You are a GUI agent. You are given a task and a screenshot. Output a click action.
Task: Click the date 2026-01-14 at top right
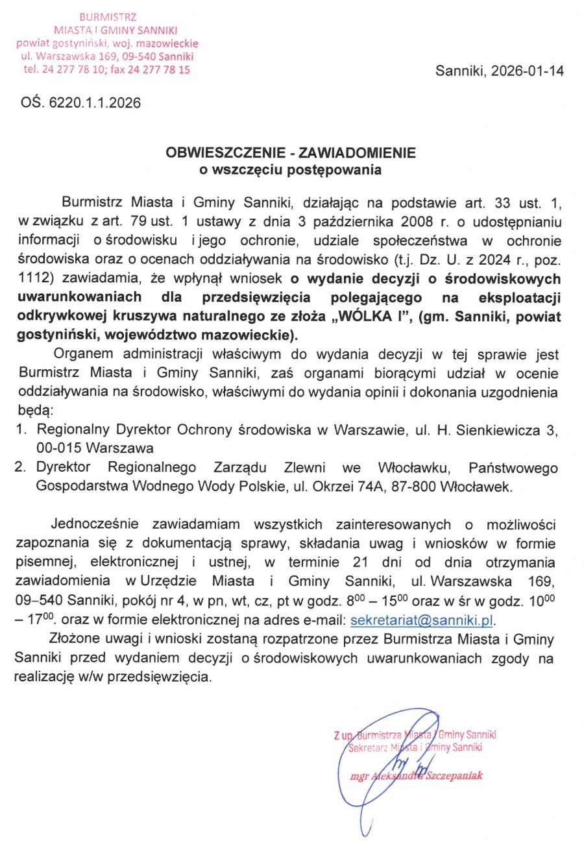527,71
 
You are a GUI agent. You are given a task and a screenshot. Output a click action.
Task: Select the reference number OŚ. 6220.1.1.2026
80,103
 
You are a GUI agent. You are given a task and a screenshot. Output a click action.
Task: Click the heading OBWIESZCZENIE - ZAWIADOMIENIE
291,153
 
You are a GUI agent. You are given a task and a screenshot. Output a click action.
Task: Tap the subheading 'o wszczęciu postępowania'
291,170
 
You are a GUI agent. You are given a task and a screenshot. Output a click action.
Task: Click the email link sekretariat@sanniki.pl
422,620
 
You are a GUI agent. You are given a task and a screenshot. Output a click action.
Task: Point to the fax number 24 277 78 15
159,69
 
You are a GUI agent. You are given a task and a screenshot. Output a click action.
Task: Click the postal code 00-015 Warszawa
95,448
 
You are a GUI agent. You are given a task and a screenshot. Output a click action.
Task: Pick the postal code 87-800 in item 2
413,487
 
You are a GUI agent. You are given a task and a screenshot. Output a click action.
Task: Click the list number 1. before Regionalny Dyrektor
21,429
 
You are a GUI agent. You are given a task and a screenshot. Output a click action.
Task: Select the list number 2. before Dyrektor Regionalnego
21,467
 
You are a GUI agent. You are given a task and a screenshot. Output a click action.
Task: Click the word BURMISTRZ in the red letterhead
108,17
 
